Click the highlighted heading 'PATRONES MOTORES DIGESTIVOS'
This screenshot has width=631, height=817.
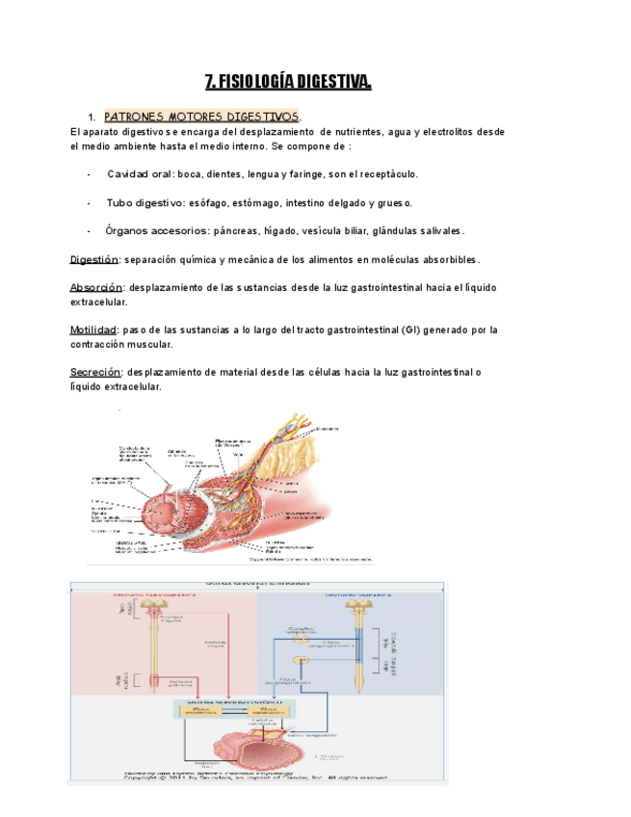(x=202, y=117)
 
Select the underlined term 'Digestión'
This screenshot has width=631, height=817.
(x=94, y=260)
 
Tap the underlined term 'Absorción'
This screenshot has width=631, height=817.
(x=96, y=288)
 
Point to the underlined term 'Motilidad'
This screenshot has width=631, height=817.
(x=94, y=329)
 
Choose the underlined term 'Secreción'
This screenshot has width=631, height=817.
(x=95, y=372)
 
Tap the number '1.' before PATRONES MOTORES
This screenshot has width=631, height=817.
(x=92, y=117)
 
